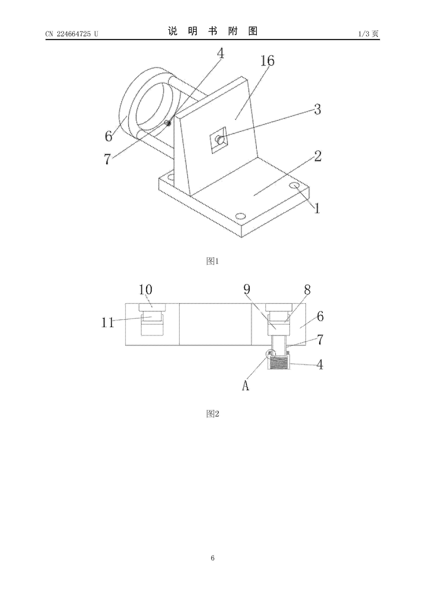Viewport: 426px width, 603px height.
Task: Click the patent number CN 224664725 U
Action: pos(72,34)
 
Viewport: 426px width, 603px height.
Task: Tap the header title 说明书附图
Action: pos(213,31)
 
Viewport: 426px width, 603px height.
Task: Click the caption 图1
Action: pos(213,261)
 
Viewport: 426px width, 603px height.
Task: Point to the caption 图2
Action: pos(213,414)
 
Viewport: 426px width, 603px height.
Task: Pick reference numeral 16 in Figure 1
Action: pos(267,61)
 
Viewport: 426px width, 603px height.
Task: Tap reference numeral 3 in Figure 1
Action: pos(318,109)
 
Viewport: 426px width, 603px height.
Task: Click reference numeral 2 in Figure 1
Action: pos(318,156)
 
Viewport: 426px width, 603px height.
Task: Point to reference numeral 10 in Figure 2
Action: pos(145,290)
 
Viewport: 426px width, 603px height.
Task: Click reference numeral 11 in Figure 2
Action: pos(108,322)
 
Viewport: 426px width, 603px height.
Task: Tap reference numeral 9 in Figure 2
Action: pos(247,289)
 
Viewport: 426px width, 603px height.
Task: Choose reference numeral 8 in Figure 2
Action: pos(307,290)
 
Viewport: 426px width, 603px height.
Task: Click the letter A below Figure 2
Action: pos(245,386)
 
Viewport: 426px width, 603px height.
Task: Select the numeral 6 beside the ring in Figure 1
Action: pos(108,136)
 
